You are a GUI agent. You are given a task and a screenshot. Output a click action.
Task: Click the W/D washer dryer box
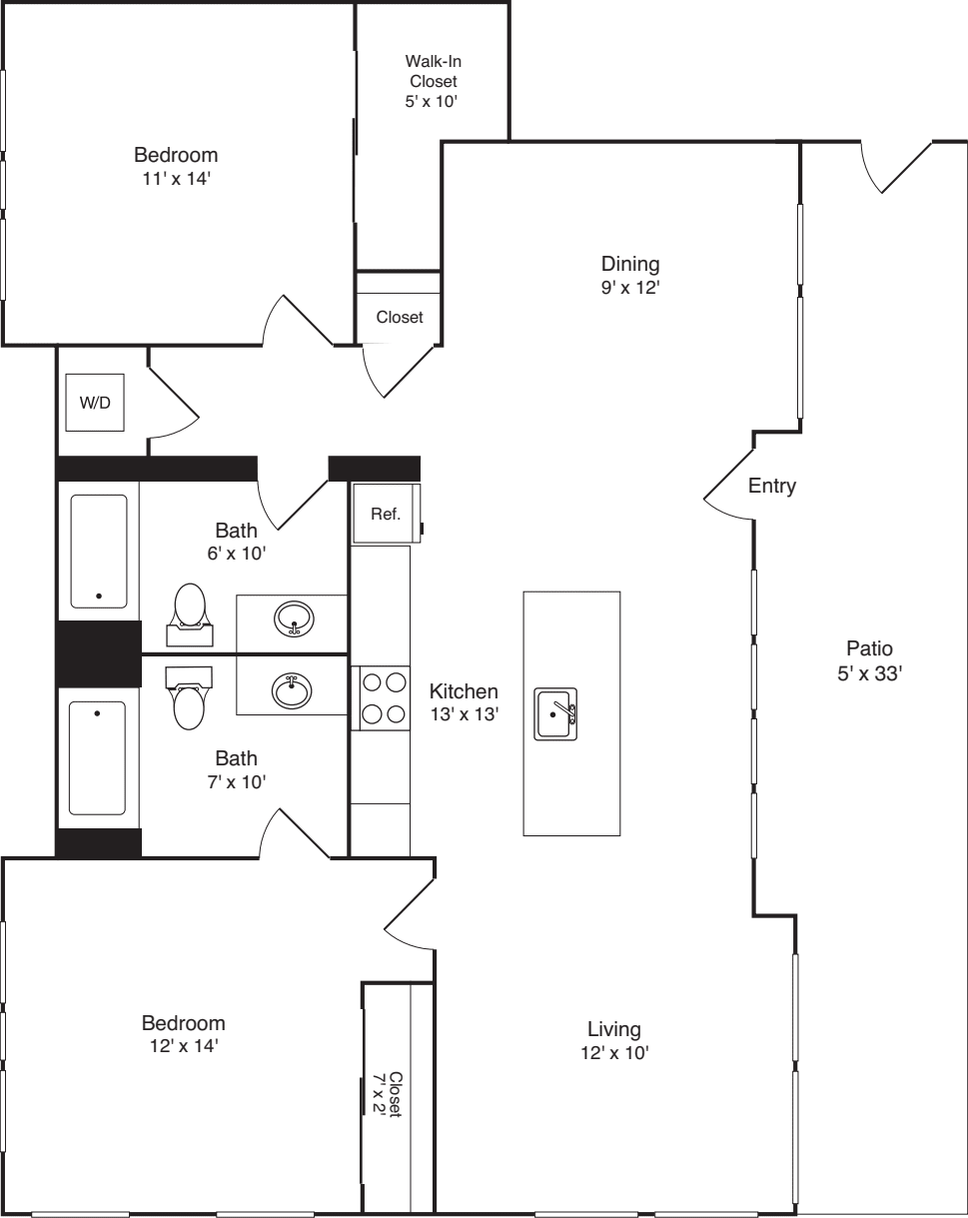[95, 402]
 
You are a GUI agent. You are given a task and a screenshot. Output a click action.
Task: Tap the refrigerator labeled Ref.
[385, 515]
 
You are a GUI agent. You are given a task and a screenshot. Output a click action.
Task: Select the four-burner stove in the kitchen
[385, 697]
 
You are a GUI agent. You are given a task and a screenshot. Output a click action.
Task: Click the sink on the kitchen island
[555, 714]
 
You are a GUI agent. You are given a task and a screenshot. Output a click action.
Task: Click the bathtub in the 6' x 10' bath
[99, 551]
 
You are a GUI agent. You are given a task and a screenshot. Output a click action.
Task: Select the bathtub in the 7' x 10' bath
[98, 757]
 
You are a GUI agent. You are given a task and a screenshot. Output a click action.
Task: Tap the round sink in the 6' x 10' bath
[293, 619]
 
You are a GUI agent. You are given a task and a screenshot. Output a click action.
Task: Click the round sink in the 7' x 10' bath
[292, 689]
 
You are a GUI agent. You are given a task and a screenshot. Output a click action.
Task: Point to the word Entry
[772, 487]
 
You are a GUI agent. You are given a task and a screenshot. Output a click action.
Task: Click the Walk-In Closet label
[432, 81]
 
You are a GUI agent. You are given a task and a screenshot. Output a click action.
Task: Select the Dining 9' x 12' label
[630, 275]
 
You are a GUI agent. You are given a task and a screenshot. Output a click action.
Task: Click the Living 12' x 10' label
[613, 1039]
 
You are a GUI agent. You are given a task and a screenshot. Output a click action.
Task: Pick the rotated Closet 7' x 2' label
[388, 1095]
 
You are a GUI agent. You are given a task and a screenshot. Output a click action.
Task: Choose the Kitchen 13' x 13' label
[464, 701]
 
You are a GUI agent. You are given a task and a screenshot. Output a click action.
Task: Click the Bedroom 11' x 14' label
[176, 166]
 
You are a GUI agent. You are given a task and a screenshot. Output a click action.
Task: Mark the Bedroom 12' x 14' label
[183, 1034]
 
